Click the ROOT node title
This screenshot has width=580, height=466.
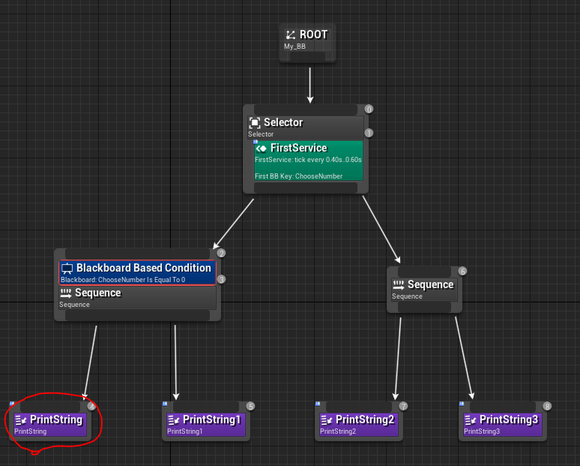[x=314, y=35]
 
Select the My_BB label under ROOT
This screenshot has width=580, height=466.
[x=294, y=47]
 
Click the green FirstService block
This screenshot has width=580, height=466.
[x=309, y=161]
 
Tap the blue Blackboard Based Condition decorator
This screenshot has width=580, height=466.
[x=137, y=272]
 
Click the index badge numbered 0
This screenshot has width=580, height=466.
[x=369, y=110]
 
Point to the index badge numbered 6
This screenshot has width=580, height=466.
[x=462, y=271]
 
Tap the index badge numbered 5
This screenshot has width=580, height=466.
[x=250, y=407]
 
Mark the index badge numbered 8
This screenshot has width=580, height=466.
[x=547, y=407]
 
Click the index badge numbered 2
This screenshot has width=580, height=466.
[x=221, y=254]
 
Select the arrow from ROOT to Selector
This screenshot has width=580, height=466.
[x=310, y=86]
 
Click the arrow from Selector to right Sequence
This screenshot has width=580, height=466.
[x=381, y=230]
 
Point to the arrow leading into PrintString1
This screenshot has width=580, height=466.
[x=175, y=362]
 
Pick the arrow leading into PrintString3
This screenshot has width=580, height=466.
[x=465, y=358]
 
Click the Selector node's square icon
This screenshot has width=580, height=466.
[x=255, y=122]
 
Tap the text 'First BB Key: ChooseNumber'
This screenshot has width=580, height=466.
[x=298, y=176]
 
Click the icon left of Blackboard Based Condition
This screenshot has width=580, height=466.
[x=67, y=268]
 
